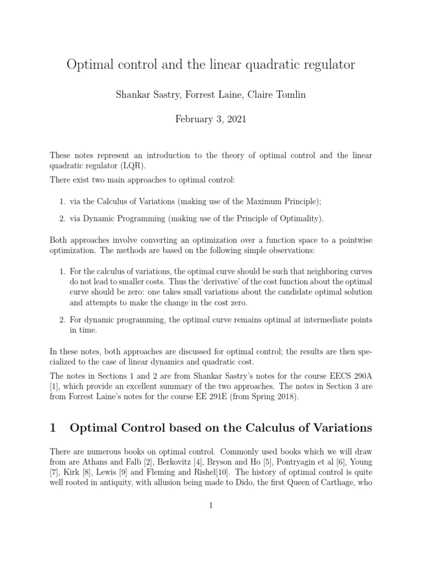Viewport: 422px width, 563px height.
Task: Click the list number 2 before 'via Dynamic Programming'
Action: pos(62,218)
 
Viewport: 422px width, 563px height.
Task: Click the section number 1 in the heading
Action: pos(54,428)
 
